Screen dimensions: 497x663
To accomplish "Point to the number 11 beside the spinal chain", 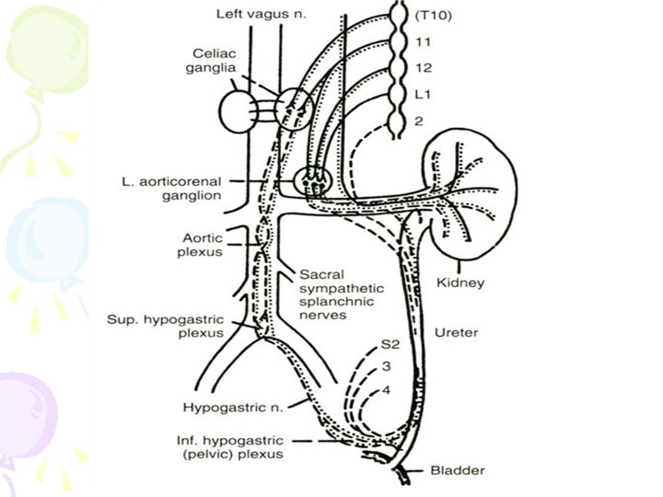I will pos(424,41).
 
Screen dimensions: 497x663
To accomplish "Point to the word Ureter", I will pos(455,332).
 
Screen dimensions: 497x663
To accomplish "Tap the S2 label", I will pos(391,345).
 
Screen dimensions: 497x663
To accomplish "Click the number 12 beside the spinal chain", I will pos(424,68).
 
